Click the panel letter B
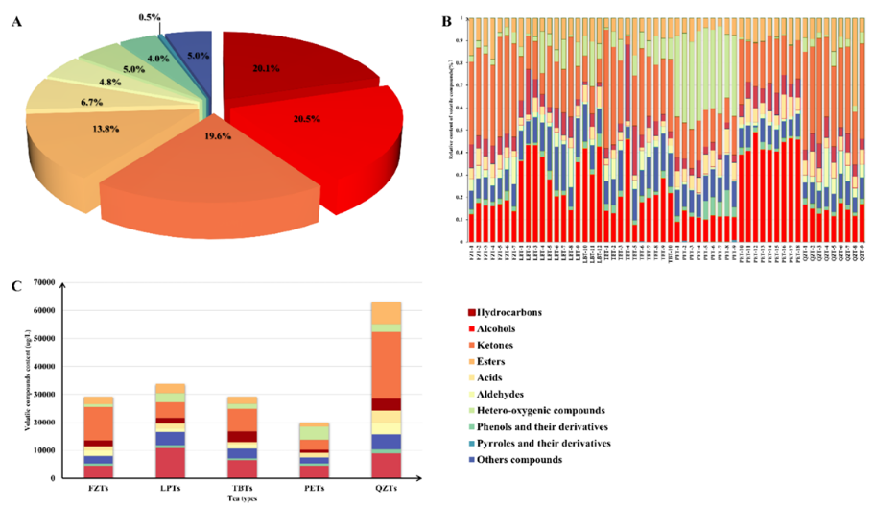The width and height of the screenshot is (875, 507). [445, 20]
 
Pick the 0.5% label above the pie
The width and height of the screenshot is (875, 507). [150, 17]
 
